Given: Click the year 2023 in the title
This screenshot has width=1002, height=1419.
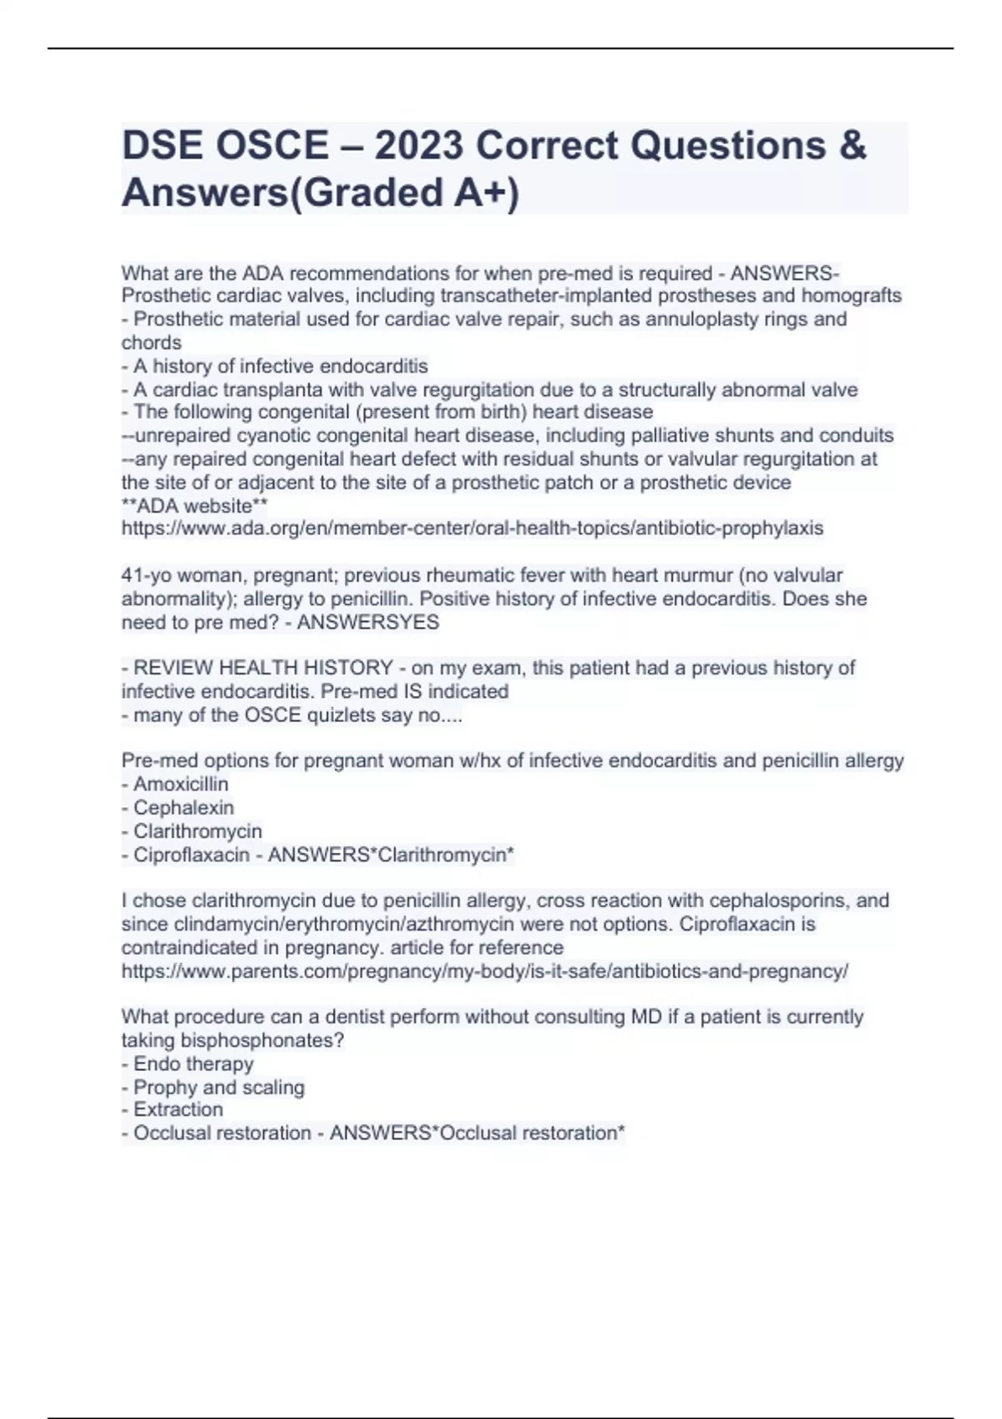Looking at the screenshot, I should pos(418,146).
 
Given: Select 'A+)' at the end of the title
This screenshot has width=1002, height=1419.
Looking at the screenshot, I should pos(486,193).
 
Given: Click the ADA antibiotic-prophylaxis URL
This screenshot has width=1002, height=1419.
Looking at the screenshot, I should pos(472,528).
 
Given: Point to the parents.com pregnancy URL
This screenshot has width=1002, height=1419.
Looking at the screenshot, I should pos(484,972).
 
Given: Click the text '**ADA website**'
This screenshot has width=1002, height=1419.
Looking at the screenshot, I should pos(195,506).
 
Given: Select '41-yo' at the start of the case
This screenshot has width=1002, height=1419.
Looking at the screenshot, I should pos(143,575).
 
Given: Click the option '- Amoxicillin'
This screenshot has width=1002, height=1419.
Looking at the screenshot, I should pos(175,784).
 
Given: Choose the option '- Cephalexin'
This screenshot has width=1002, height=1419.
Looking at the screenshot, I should pos(177,807).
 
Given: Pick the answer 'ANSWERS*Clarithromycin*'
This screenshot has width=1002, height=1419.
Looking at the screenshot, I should pos(391,855).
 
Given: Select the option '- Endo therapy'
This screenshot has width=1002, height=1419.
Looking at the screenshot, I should pos(187,1063).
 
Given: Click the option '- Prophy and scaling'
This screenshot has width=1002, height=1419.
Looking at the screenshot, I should pos(212,1087).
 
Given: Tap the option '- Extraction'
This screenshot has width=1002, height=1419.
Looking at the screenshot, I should pos(172,1109).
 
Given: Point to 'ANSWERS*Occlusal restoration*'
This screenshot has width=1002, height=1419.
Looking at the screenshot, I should pos(477,1133).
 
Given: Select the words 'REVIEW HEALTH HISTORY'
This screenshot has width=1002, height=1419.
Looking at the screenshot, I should pos(263,668).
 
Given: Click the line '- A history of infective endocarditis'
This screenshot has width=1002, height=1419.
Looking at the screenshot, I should pos(275,366).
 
